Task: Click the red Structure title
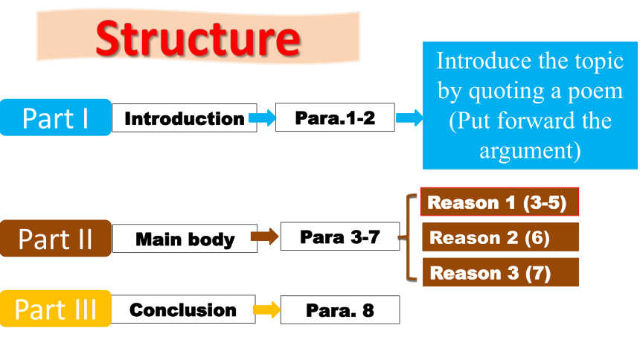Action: [198, 38]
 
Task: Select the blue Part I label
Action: [56, 118]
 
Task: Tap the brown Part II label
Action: [56, 238]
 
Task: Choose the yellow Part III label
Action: [56, 309]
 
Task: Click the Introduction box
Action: [185, 118]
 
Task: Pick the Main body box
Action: [185, 238]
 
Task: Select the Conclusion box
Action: [183, 309]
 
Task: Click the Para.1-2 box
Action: [335, 118]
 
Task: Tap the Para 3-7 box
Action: [340, 237]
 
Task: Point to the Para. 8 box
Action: [340, 310]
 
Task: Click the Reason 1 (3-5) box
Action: [499, 202]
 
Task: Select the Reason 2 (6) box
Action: [500, 237]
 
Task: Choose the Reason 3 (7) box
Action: [500, 272]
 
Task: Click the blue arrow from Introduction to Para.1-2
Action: [263, 118]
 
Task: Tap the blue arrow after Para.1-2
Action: [409, 118]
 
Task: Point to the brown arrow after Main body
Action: [264, 237]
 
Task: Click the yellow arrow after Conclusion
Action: [267, 310]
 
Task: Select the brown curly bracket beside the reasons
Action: [408, 237]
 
